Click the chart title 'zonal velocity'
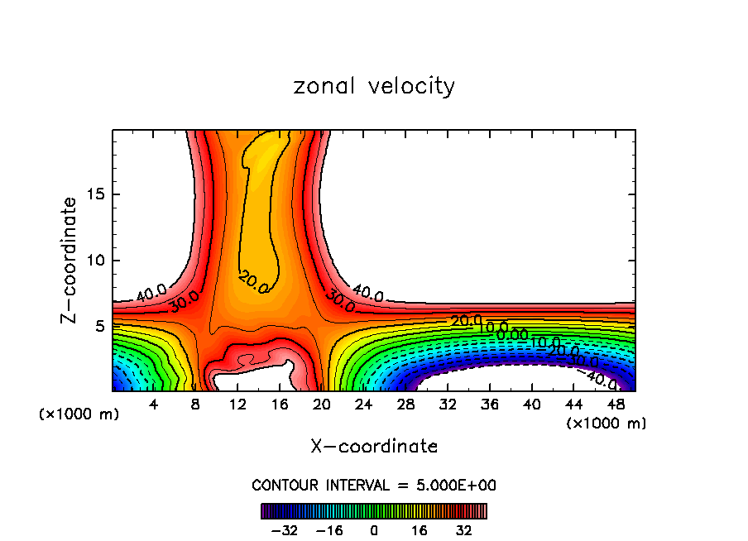click(374, 86)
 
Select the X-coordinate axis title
click(374, 447)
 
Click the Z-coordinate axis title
click(70, 260)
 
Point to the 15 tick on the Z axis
click(97, 194)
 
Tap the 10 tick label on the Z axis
click(97, 261)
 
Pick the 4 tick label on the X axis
click(153, 405)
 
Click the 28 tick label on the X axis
click(405, 405)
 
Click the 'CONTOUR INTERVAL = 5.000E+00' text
click(374, 486)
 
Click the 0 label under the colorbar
click(374, 529)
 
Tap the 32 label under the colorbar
click(463, 529)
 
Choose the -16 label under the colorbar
click(330, 529)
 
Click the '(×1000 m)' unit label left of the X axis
click(79, 414)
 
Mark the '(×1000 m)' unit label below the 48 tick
click(607, 424)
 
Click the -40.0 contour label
click(600, 380)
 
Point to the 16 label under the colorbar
click(419, 529)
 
